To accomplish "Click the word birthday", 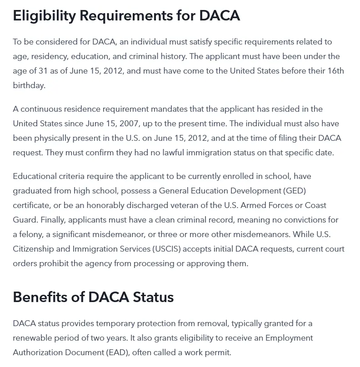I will coord(29,85).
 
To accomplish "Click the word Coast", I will coord(315,205).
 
